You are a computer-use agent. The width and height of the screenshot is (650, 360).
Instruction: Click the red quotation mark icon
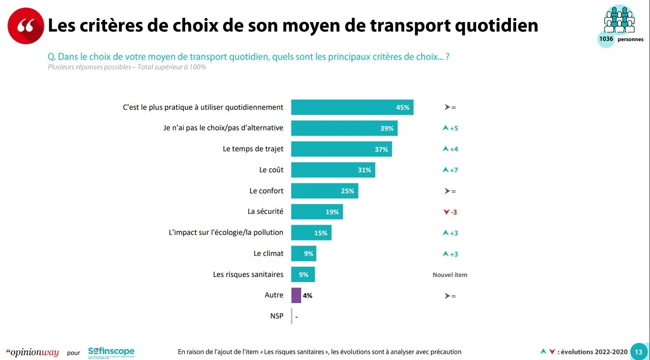coord(26,26)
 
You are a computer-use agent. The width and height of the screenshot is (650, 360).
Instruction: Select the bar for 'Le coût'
coord(333,170)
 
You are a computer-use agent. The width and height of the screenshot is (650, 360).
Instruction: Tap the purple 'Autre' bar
coord(296,295)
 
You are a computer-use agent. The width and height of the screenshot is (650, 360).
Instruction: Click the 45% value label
coord(403,107)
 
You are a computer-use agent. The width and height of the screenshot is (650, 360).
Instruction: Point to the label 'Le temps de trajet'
coord(253,149)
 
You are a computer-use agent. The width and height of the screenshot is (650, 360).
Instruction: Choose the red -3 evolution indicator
coord(450,212)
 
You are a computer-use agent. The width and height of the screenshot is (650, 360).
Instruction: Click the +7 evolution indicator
coord(450,170)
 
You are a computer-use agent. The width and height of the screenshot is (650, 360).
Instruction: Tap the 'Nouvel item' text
coord(450,275)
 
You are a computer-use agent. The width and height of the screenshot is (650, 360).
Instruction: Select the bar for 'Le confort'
coord(324,191)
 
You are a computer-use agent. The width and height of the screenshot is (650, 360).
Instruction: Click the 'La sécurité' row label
coord(265,211)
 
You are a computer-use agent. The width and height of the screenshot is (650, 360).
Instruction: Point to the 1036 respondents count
coord(606,39)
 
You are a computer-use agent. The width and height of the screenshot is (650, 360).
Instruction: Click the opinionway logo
coord(32,352)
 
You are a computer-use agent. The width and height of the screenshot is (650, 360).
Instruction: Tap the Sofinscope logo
coord(111,352)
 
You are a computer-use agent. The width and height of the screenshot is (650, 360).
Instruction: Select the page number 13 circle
coord(639,352)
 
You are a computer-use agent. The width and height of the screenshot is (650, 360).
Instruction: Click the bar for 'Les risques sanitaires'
coord(303,274)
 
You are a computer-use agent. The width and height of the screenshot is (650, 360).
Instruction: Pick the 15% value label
coord(321,233)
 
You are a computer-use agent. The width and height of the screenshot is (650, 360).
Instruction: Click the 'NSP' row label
coord(277,316)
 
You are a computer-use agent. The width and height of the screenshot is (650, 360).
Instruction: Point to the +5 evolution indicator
coord(450,128)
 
